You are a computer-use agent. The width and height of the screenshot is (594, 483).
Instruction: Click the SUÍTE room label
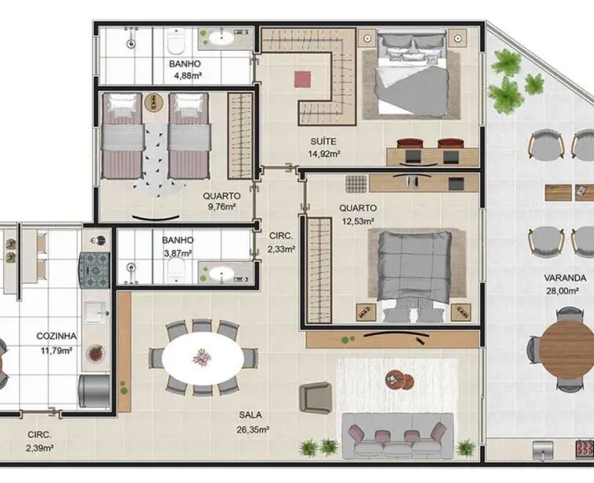[x=323, y=141]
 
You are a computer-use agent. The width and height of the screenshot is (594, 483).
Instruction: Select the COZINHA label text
[x=57, y=336]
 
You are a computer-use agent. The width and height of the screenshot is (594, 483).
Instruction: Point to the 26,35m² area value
[x=253, y=430]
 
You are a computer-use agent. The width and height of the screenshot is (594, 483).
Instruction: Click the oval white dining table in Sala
[x=203, y=359]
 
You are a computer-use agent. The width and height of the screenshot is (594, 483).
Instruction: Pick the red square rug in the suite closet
[x=303, y=80]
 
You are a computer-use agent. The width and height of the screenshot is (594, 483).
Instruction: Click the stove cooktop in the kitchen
[x=94, y=270]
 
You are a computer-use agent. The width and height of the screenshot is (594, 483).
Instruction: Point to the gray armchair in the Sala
[x=315, y=398]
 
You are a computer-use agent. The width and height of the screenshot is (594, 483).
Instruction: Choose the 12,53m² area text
[x=358, y=221]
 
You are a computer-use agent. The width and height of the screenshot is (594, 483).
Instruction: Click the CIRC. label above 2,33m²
[x=281, y=236]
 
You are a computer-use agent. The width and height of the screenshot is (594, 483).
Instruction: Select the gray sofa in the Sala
[x=398, y=436]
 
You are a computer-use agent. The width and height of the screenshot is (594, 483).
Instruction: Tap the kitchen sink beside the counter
[x=96, y=312]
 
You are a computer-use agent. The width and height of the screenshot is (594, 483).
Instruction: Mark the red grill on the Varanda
[x=584, y=448]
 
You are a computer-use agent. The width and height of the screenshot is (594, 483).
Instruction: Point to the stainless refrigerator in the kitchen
[x=94, y=391]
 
